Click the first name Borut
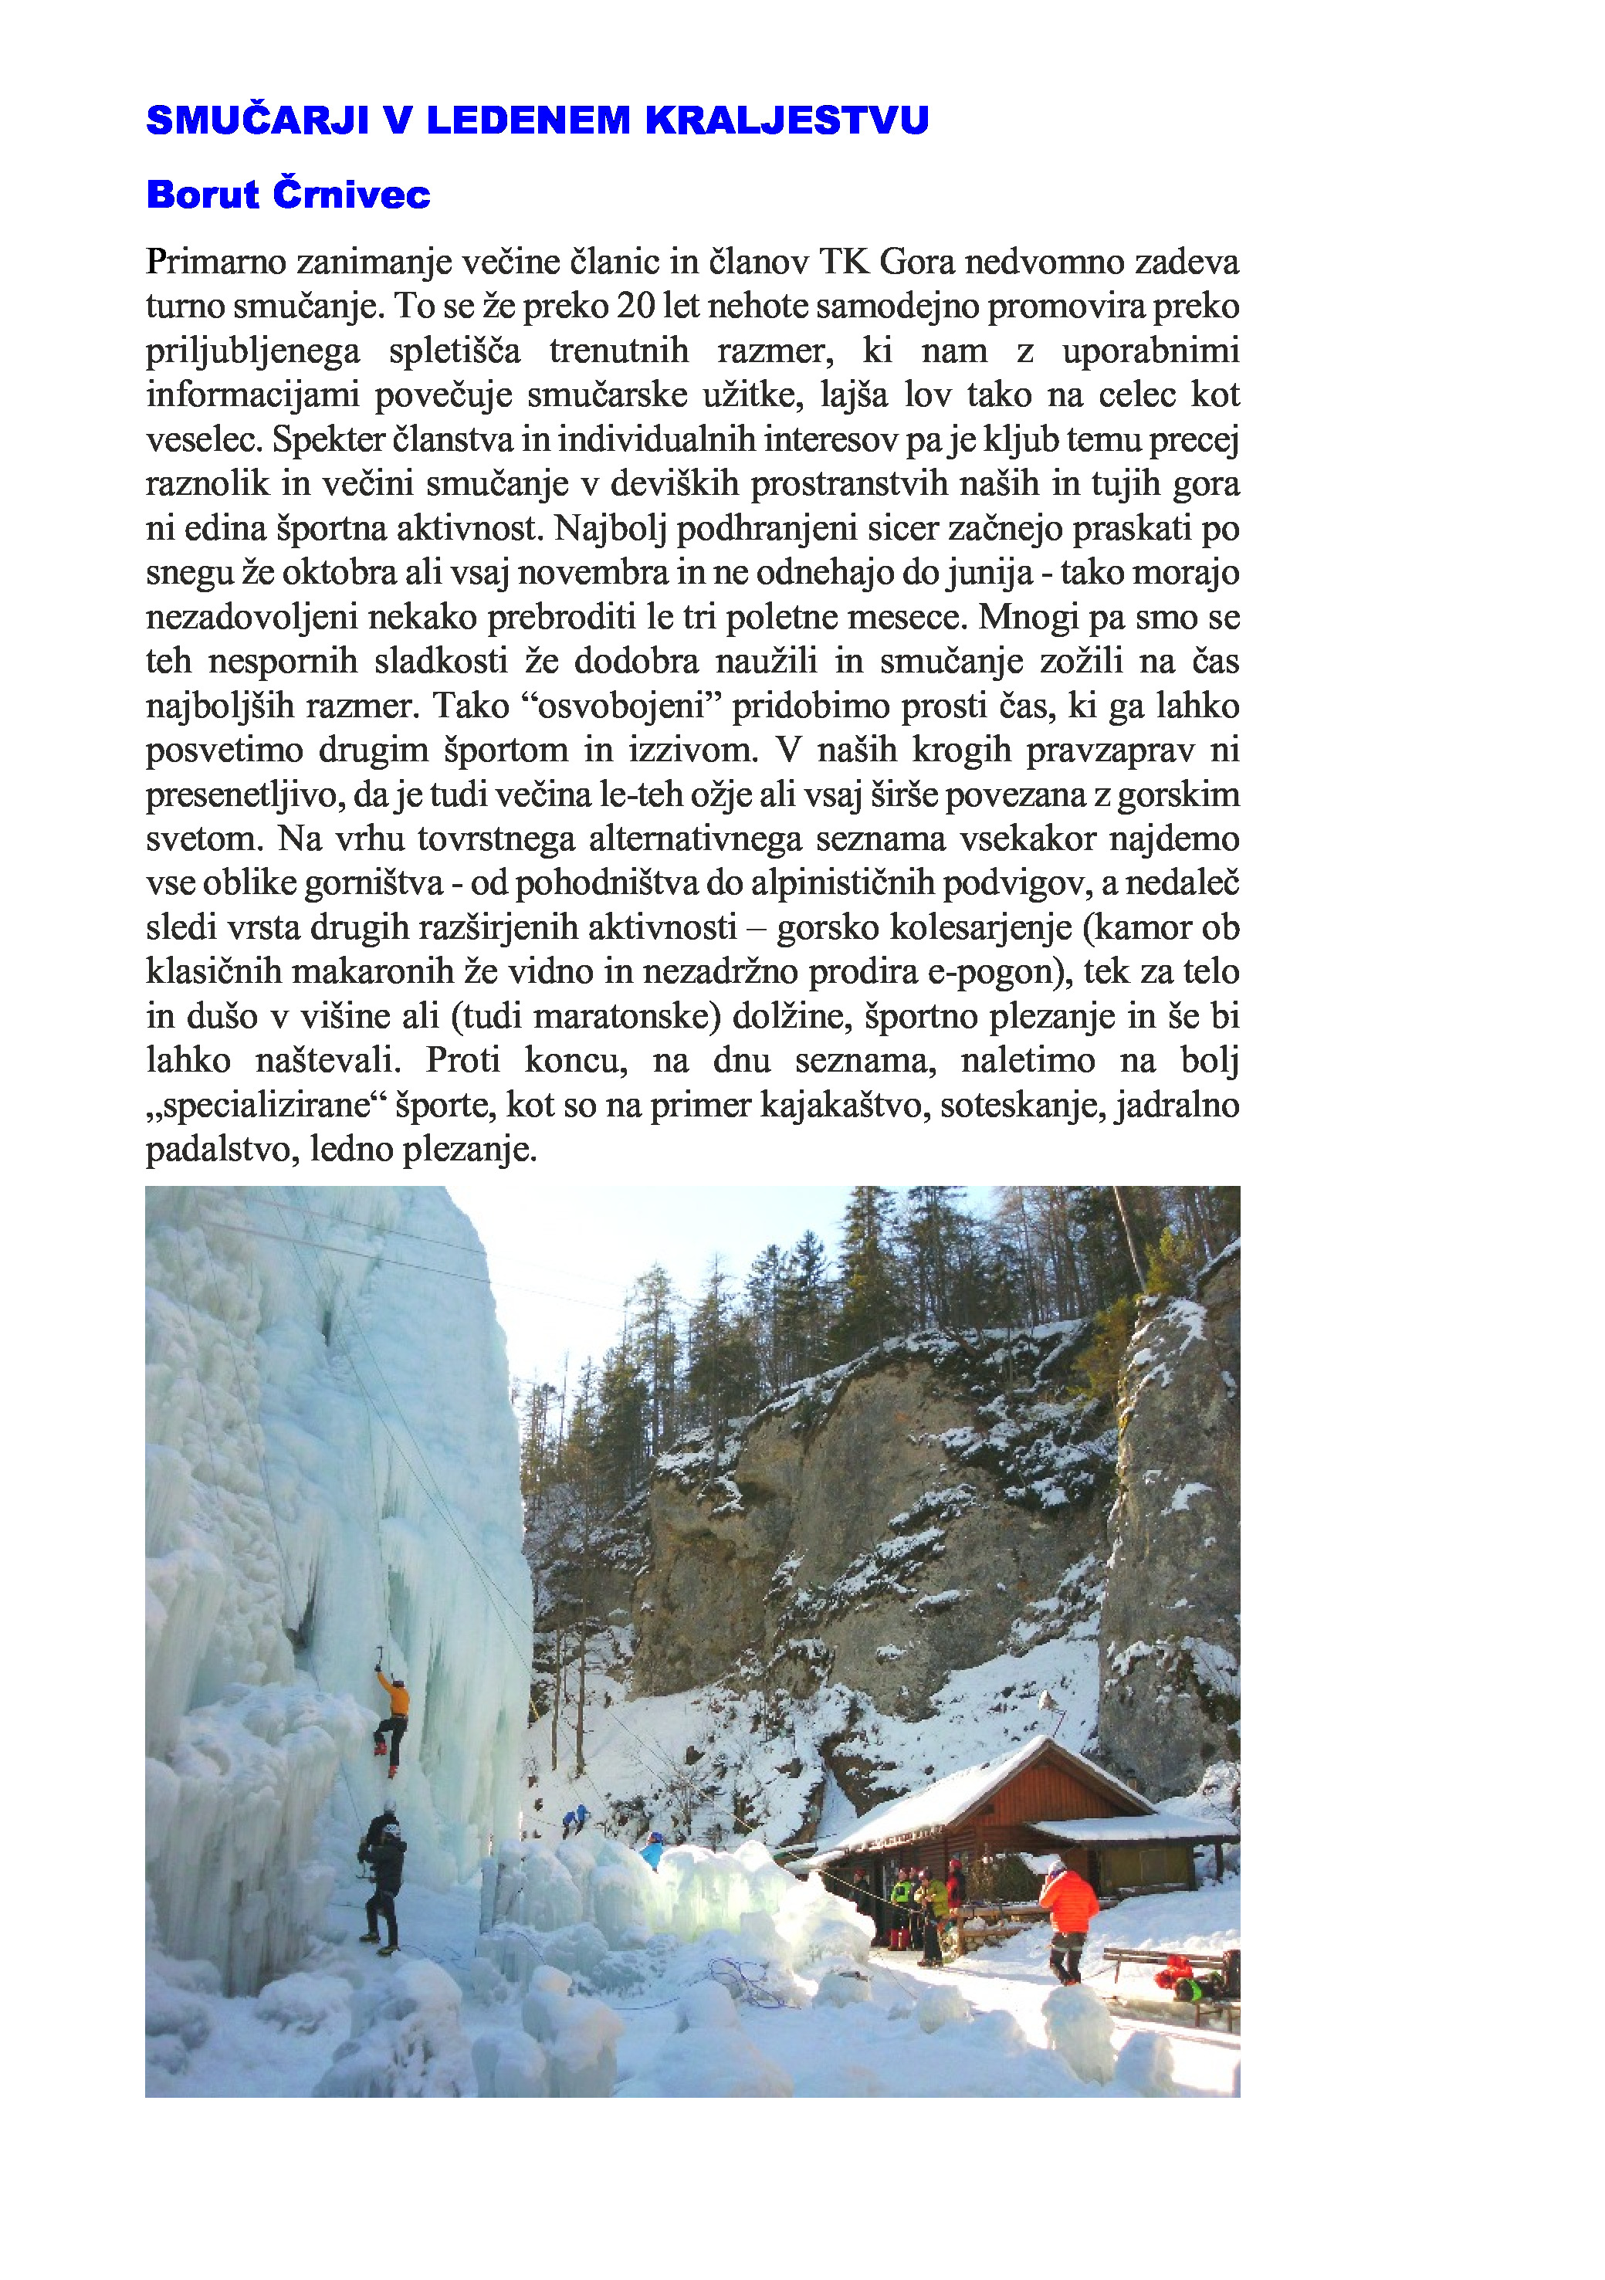(x=202, y=195)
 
